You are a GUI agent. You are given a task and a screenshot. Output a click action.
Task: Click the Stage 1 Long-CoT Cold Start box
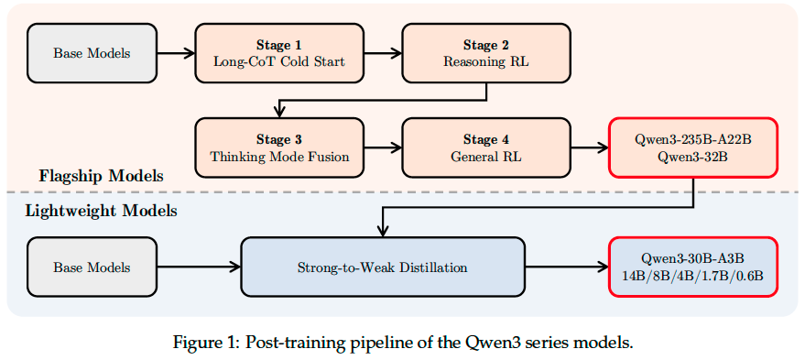[278, 52]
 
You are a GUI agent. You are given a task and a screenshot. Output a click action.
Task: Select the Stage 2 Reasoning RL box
[485, 52]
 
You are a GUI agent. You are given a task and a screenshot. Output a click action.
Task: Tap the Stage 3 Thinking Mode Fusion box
[278, 147]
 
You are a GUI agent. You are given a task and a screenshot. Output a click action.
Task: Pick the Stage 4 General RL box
[485, 147]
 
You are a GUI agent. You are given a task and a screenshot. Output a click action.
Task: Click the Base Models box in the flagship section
[92, 52]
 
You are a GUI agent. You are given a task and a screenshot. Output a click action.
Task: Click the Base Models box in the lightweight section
[92, 267]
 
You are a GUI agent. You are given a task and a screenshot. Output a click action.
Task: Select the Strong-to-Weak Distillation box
[382, 267]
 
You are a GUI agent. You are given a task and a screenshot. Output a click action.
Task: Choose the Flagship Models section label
[101, 175]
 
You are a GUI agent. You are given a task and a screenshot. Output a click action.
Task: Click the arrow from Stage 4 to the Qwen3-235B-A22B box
[589, 147]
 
